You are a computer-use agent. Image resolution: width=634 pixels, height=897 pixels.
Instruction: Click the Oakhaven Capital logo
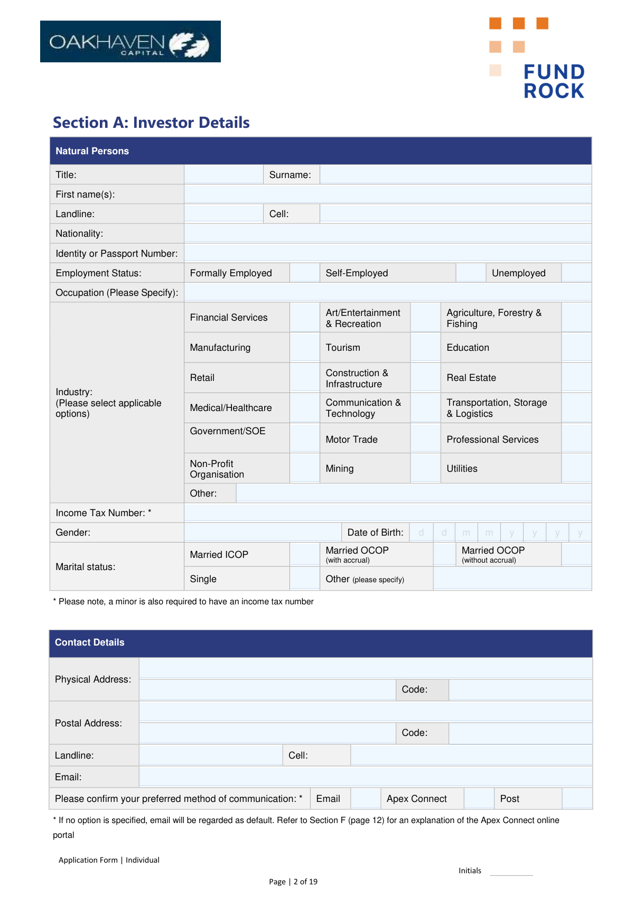130,42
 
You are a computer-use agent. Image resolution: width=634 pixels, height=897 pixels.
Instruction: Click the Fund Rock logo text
554,81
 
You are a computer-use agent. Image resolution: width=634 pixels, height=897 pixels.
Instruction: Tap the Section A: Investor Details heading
151,123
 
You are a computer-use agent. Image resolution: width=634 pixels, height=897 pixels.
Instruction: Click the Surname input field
455,175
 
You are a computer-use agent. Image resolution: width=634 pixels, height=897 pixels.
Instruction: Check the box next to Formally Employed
304,273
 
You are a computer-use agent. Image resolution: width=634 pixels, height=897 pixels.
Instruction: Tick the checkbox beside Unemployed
576,273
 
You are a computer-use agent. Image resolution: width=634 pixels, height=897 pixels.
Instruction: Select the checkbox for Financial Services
304,317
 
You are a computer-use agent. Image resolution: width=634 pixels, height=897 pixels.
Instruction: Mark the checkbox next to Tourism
425,348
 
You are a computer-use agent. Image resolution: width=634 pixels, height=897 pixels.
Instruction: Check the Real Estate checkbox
576,378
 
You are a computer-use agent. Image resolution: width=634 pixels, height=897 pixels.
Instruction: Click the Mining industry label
340,469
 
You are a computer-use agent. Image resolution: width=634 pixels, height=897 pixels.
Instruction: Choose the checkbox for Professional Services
576,438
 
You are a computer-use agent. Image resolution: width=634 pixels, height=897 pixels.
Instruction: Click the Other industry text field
413,493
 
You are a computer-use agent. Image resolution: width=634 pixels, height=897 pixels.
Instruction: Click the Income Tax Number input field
387,513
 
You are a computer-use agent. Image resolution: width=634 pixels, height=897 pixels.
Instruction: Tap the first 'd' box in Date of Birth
421,532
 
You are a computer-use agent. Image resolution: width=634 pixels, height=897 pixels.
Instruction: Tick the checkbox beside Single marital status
304,579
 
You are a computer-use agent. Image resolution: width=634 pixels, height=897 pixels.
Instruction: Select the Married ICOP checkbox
304,555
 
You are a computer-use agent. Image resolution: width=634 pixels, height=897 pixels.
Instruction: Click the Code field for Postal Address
520,733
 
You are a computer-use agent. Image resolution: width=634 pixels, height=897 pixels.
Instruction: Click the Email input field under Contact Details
365,777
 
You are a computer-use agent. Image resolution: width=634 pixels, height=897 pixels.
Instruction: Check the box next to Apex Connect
479,799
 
